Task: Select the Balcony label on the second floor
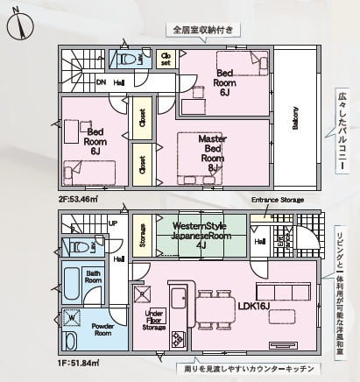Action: pyautogui.click(x=295, y=117)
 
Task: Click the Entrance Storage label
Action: pyautogui.click(x=277, y=201)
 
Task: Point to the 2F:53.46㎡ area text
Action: pyautogui.click(x=79, y=200)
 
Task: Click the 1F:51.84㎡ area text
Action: pyautogui.click(x=79, y=362)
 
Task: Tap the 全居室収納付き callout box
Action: pyautogui.click(x=204, y=29)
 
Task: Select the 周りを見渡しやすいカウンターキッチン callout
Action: pyautogui.click(x=244, y=370)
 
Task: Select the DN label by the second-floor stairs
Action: pyautogui.click(x=101, y=82)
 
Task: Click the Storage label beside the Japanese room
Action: pyautogui.click(x=141, y=235)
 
